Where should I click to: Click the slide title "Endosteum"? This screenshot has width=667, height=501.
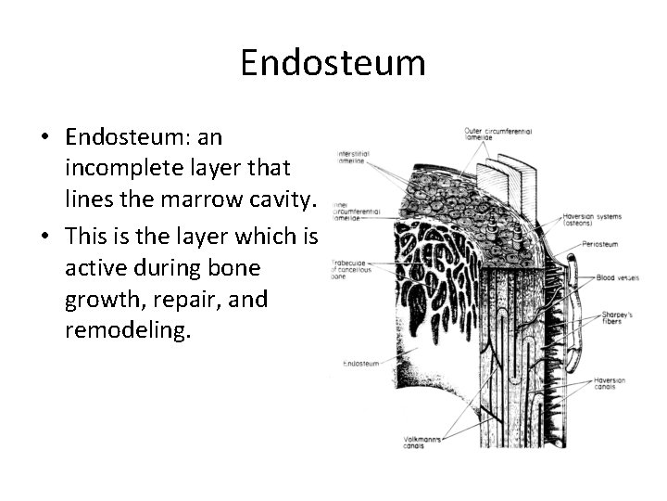pyautogui.click(x=333, y=63)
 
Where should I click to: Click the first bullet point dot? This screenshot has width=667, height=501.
pyautogui.click(x=44, y=138)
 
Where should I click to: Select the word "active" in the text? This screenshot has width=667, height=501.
pyautogui.click(x=98, y=267)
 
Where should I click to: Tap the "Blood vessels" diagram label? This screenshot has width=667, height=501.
pyautogui.click(x=617, y=277)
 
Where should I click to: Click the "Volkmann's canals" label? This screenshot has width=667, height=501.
pyautogui.click(x=422, y=441)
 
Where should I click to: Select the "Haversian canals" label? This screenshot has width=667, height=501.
pyautogui.click(x=615, y=385)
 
